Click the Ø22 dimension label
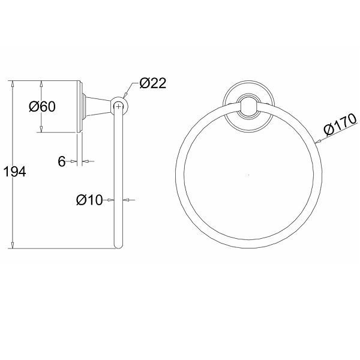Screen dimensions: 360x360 pyautogui.click(x=152, y=83)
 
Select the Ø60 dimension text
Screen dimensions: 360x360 pyautogui.click(x=42, y=107)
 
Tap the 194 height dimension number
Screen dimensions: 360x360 pyautogui.click(x=15, y=172)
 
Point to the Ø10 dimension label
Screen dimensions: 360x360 pyautogui.click(x=89, y=200)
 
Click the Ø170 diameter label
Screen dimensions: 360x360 pyautogui.click(x=340, y=124)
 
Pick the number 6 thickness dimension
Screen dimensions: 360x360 pyautogui.click(x=62, y=161)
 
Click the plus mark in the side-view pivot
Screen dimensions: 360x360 pyautogui.click(x=118, y=107)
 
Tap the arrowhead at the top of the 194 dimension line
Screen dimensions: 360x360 pyautogui.click(x=13, y=83)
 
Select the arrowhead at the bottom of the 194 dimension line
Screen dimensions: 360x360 pyautogui.click(x=13, y=245)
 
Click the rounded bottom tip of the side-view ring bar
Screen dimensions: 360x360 pyautogui.click(x=118, y=246)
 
